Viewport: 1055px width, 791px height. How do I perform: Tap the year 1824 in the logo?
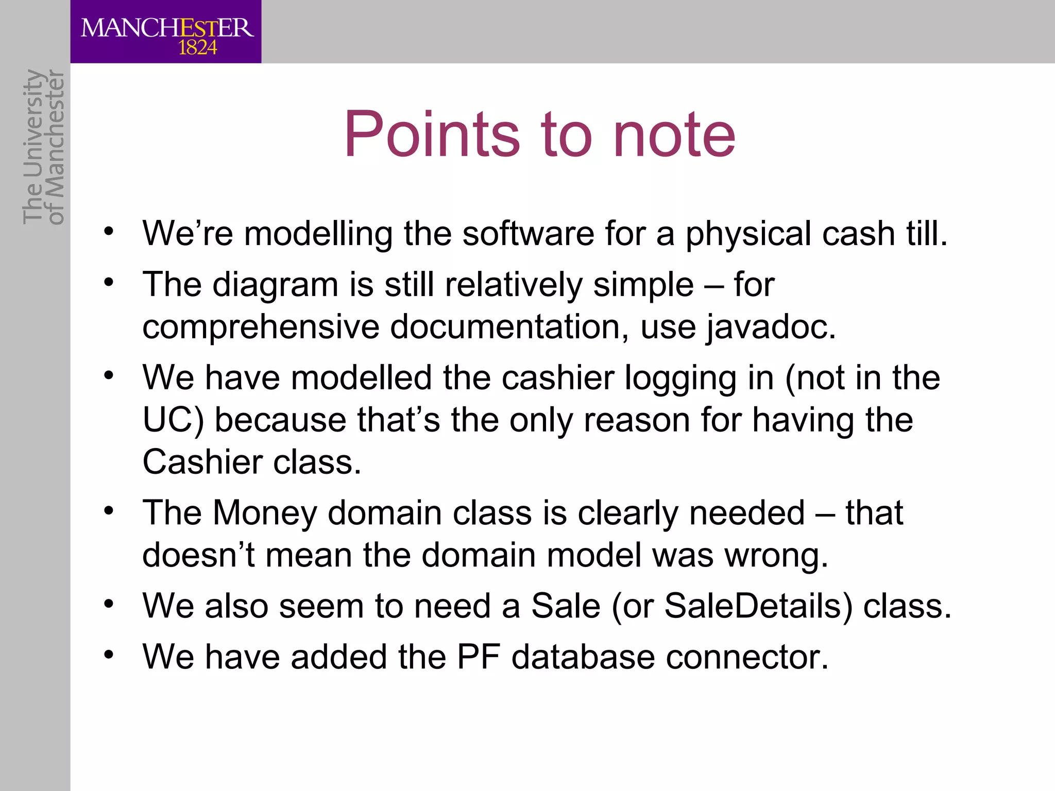pyautogui.click(x=197, y=48)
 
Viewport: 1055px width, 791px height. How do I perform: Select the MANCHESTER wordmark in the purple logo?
pyautogui.click(x=167, y=28)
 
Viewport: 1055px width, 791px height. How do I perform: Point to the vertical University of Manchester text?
pyautogui.click(x=43, y=147)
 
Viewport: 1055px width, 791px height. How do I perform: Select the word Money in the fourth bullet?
pyautogui.click(x=265, y=513)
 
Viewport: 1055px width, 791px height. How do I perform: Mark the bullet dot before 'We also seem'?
pyautogui.click(x=108, y=603)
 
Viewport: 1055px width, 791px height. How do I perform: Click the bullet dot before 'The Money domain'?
pyautogui.click(x=108, y=510)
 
